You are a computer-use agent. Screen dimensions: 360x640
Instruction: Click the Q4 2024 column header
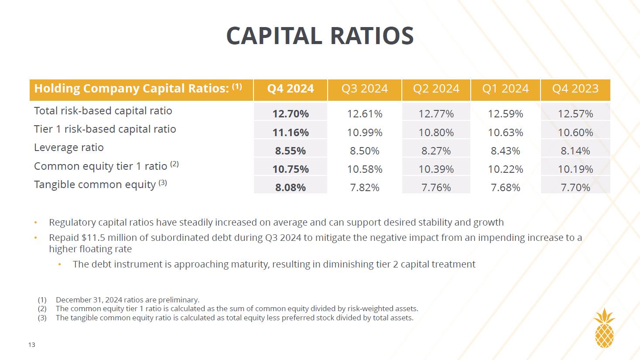pos(290,89)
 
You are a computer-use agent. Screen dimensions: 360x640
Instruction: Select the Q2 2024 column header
pos(436,89)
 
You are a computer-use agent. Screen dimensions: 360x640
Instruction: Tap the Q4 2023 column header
pos(575,89)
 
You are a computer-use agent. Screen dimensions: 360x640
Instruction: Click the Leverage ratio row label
pos(69,147)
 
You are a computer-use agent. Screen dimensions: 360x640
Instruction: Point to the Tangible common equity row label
pos(95,185)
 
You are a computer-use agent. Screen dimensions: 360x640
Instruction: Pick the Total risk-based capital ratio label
pos(103,111)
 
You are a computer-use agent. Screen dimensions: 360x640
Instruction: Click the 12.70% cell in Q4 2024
pos(291,114)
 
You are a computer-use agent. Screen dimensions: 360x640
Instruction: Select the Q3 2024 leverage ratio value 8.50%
pos(364,151)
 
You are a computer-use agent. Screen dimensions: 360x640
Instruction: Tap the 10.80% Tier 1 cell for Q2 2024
pos(436,133)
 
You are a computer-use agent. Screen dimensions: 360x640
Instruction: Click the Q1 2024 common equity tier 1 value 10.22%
pos(505,169)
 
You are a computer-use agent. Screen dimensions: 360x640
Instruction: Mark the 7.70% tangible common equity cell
pos(575,188)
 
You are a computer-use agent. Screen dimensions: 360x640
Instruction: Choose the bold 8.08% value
pos(291,188)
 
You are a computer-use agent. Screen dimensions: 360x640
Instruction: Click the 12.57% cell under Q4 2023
pos(575,114)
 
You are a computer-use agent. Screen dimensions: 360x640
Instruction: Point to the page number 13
pos(32,345)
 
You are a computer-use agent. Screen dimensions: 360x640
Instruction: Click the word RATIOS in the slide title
pos(372,36)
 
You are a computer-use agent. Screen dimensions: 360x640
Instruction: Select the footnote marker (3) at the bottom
pos(42,318)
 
